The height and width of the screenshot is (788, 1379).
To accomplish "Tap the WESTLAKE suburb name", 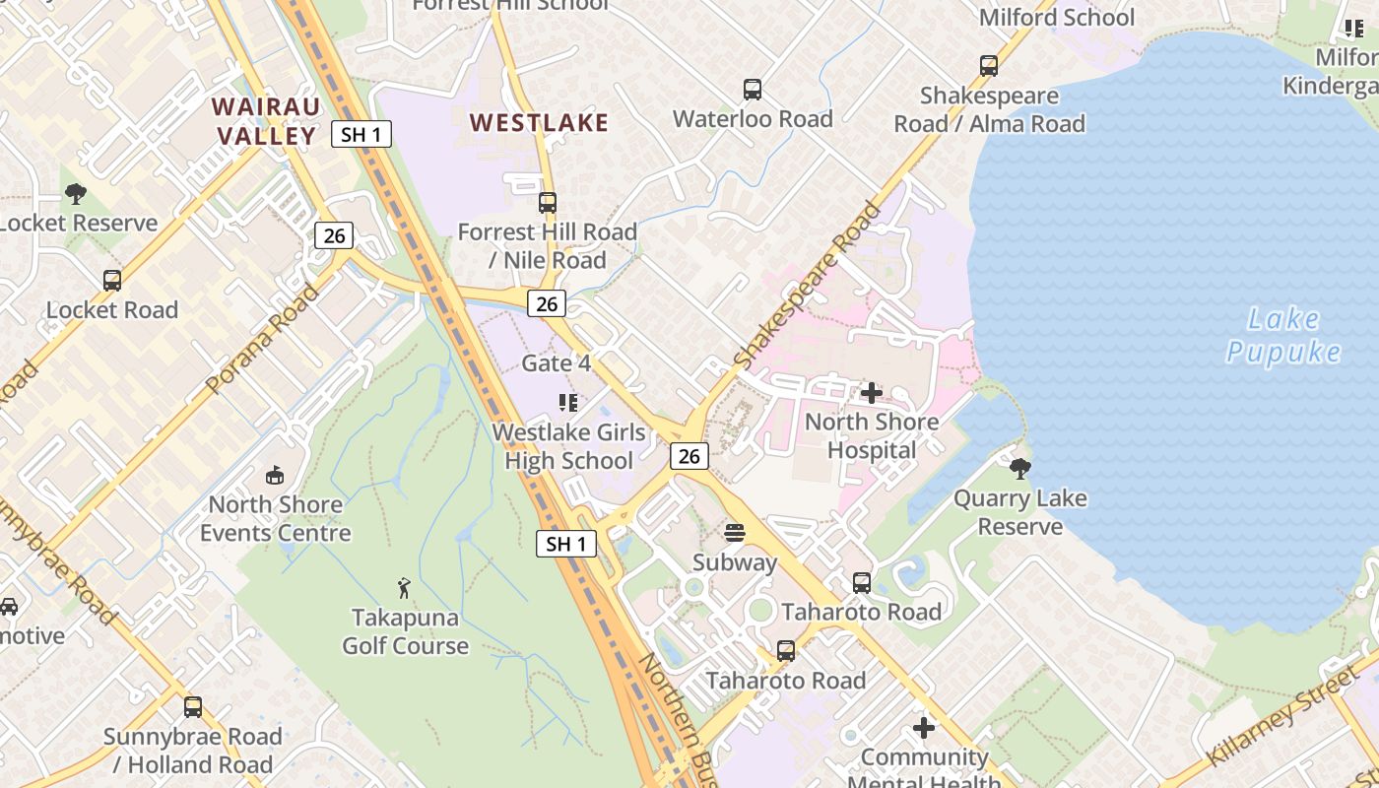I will (x=539, y=122).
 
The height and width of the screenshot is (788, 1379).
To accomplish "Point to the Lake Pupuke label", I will (x=1283, y=335).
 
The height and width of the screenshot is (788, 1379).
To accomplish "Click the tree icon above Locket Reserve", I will (x=76, y=194).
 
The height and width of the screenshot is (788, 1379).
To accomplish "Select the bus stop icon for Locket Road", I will (x=112, y=281).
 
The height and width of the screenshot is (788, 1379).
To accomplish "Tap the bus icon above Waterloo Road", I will (x=753, y=90).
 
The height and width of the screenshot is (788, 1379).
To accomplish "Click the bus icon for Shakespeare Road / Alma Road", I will (x=989, y=66).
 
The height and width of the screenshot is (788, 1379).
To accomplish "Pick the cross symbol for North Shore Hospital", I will (x=872, y=393).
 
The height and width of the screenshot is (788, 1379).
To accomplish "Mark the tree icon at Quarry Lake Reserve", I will (x=1020, y=468).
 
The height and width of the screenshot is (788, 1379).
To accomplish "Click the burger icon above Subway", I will (x=735, y=533).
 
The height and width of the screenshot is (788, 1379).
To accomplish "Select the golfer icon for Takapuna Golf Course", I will (x=405, y=588).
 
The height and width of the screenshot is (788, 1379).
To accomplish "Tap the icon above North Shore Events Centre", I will (x=275, y=476).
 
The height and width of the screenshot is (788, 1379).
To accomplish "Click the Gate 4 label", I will (x=556, y=363).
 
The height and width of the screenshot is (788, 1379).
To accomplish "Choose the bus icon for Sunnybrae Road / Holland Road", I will (x=193, y=707).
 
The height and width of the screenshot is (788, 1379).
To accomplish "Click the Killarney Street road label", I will (x=1282, y=715).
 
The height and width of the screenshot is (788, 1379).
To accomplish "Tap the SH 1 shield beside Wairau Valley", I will (x=361, y=134).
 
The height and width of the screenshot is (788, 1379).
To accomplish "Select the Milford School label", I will (x=1056, y=17).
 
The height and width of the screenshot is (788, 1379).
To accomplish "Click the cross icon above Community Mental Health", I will (x=924, y=728).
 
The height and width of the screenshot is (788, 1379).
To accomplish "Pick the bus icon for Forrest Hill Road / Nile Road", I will (x=548, y=203).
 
